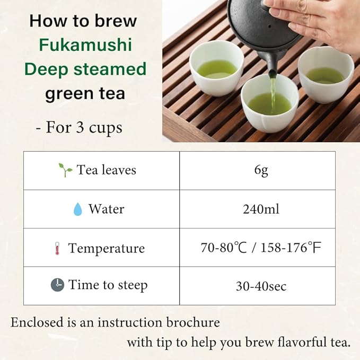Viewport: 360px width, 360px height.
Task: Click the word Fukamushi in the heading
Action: click(85, 45)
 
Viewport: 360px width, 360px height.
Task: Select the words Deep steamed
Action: click(85, 69)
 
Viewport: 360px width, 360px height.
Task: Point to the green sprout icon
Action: click(65, 170)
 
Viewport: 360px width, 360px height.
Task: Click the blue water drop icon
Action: click(78, 209)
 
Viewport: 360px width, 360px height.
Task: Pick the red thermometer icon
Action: click(57, 248)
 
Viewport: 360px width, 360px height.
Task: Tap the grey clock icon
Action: click(57, 285)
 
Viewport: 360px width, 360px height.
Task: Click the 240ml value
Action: click(261, 209)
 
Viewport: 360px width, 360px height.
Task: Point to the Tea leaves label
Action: click(106, 170)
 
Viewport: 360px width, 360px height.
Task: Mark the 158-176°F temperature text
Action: click(291, 248)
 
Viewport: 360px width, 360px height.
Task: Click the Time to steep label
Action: click(108, 285)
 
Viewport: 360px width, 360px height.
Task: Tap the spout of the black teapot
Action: click(272, 74)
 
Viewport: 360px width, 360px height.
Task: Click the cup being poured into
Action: click(270, 103)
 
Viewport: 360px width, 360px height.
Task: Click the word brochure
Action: click(193, 322)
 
